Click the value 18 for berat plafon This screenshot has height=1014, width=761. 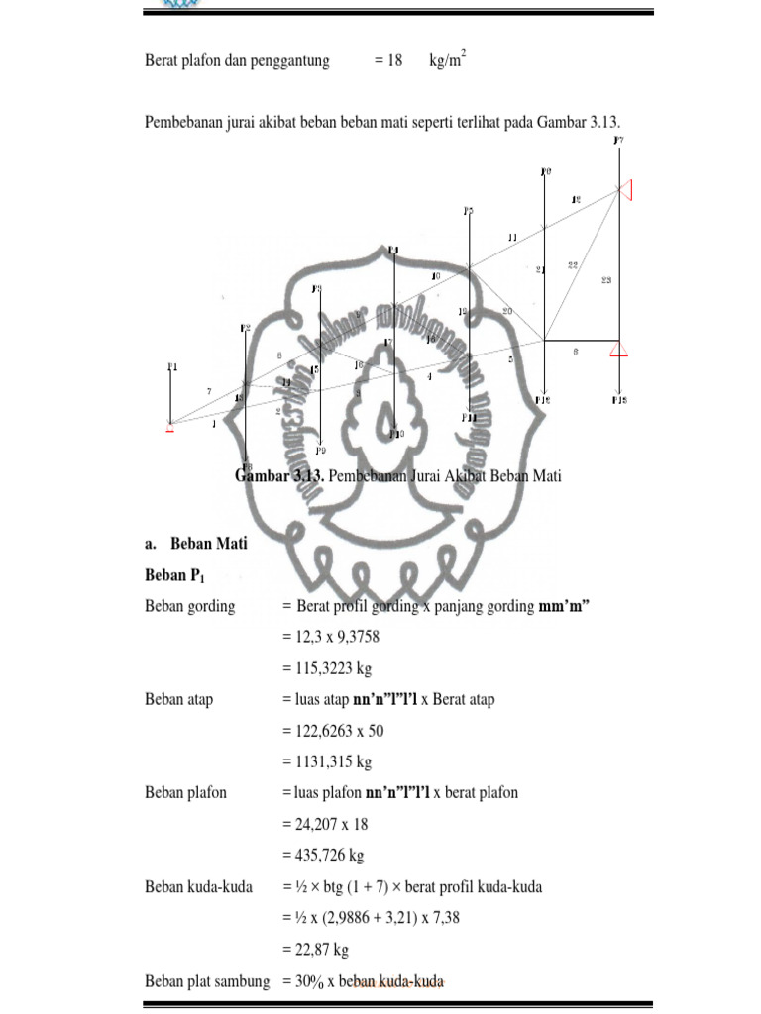click(x=395, y=61)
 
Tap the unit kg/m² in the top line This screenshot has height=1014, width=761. click(x=447, y=60)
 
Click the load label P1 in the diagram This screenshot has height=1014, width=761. click(x=171, y=367)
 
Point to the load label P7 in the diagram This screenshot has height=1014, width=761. click(x=618, y=142)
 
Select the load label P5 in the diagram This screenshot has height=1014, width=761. click(x=469, y=211)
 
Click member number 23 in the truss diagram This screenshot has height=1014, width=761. click(x=606, y=281)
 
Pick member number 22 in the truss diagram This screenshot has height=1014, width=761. click(x=574, y=264)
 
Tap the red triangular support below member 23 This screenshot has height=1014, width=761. click(x=619, y=348)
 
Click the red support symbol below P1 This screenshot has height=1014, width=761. click(x=170, y=428)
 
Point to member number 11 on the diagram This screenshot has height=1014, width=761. click(x=512, y=238)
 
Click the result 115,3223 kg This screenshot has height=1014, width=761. click(x=326, y=668)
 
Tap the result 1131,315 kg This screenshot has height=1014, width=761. click(x=326, y=761)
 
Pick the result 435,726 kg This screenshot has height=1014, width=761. click(x=322, y=855)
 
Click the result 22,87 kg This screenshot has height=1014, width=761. click(x=315, y=949)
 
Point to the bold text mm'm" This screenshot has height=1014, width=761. click(x=565, y=606)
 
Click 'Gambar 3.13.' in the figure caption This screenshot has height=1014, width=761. click(x=280, y=476)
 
